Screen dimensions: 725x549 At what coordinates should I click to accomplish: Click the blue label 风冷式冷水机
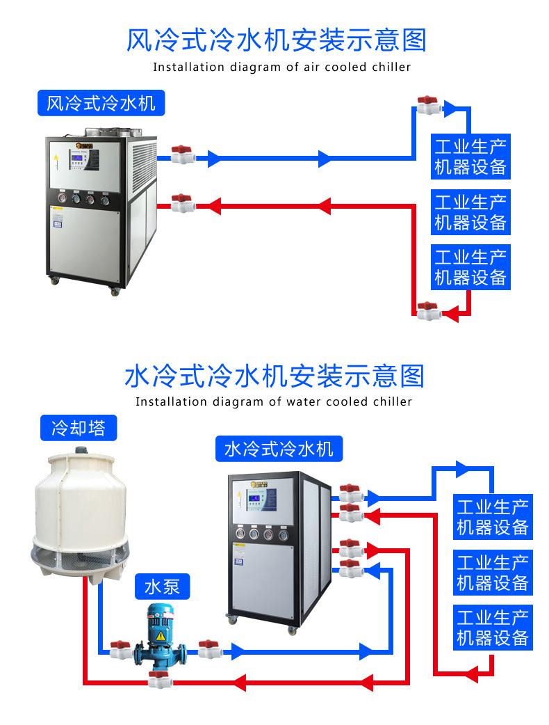101,104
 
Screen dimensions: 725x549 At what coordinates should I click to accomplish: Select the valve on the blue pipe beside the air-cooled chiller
182,154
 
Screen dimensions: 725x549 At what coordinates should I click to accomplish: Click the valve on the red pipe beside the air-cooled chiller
182,203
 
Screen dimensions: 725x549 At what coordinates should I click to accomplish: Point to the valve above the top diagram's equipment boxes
427,106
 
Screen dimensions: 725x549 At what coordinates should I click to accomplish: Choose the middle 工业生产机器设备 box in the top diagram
470,212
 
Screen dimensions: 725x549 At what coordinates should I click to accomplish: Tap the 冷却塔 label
79,427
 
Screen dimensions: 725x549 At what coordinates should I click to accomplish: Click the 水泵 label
162,587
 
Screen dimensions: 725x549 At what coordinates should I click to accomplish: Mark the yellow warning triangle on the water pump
161,637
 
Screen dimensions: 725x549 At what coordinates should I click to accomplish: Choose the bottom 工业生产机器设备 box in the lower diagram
492,628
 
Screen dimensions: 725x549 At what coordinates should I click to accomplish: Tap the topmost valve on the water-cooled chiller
349,493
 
